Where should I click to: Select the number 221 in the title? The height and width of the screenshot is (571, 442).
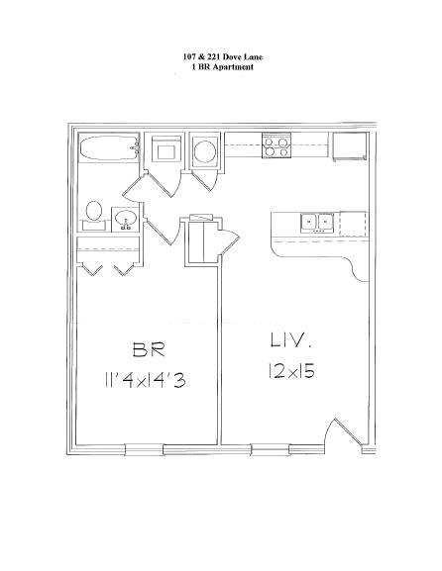click(x=213, y=56)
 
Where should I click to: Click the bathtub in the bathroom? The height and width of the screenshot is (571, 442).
click(x=109, y=147)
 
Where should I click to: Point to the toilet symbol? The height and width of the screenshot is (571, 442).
click(x=94, y=216)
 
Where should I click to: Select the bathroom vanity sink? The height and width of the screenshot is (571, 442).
click(x=126, y=220)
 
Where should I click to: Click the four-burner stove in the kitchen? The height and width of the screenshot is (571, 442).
click(x=276, y=145)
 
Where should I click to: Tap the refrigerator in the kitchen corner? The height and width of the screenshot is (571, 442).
click(x=350, y=146)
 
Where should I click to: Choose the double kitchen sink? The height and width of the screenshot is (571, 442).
click(x=317, y=223)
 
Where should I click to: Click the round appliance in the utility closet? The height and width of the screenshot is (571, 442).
click(x=205, y=151)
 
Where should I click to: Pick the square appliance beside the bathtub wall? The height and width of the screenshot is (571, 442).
click(x=166, y=150)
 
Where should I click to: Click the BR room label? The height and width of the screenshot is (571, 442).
click(x=149, y=349)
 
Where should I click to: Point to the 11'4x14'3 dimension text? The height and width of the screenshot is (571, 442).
click(x=145, y=381)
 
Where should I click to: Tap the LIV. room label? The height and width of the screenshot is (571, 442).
click(x=291, y=340)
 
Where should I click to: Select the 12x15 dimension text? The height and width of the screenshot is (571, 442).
click(x=291, y=370)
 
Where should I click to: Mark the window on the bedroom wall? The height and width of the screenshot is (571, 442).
click(x=144, y=449)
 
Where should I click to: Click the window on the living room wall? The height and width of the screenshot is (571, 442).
click(x=270, y=449)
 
